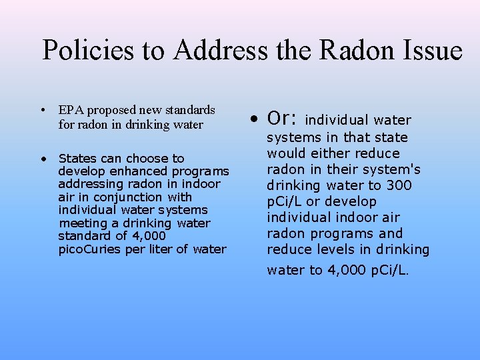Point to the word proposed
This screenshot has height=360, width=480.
108,110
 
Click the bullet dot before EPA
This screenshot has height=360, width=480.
42,110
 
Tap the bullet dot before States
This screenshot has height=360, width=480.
42,159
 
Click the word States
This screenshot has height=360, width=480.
77,159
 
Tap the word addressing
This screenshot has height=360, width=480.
87,184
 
